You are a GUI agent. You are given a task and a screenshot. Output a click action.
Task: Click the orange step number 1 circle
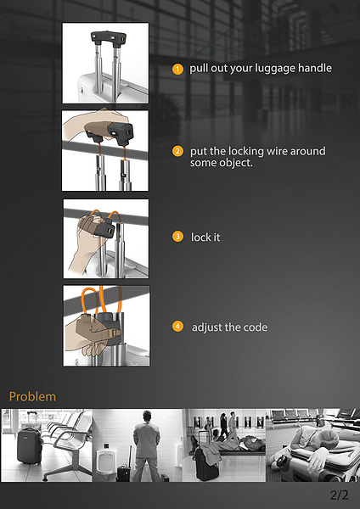click(177, 69)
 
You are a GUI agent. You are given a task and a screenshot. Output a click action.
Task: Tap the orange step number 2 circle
click(177, 151)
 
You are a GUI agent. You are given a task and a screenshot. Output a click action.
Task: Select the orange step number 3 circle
click(177, 237)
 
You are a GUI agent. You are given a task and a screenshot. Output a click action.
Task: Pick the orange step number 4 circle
click(177, 327)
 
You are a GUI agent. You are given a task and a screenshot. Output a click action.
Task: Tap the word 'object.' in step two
click(237, 163)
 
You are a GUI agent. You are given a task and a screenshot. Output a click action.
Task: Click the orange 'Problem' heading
click(32, 396)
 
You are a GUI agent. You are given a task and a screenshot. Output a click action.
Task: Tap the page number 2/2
click(339, 495)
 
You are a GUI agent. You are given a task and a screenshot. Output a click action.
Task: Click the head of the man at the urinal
click(147, 417)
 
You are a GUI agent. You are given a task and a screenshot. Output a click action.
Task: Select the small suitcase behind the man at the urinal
click(123, 473)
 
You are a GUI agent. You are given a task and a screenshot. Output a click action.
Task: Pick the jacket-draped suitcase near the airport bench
click(206, 462)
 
